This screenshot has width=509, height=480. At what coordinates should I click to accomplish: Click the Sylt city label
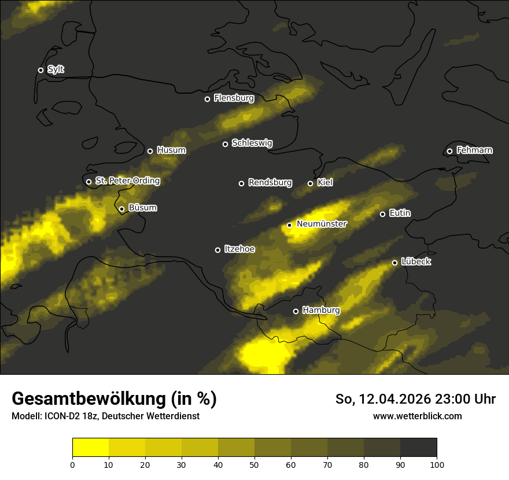(56, 70)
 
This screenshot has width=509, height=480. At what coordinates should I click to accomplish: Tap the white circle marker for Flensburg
(207, 99)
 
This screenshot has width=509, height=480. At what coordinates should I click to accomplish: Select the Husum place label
(171, 150)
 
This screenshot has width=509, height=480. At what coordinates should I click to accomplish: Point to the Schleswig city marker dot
(225, 144)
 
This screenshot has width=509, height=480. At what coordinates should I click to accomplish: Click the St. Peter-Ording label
(127, 181)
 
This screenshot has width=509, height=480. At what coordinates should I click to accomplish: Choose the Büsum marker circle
(121, 209)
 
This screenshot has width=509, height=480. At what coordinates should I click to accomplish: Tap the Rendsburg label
(270, 183)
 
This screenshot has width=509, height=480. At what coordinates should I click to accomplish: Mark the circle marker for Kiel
(310, 183)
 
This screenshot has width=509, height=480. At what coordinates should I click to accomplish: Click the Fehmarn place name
(474, 150)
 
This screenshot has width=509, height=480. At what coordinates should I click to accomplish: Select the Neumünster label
(322, 224)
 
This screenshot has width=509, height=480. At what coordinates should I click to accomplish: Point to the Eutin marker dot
(382, 214)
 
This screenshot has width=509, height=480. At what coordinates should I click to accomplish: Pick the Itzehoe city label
(239, 249)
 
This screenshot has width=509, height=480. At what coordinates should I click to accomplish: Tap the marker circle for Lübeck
(394, 263)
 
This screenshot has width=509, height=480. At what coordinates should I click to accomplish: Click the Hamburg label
(321, 311)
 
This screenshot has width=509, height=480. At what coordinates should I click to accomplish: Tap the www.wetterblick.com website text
(417, 416)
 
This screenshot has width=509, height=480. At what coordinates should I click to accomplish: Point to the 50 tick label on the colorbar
(254, 464)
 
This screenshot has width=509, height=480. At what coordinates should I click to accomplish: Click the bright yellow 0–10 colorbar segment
(91, 448)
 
